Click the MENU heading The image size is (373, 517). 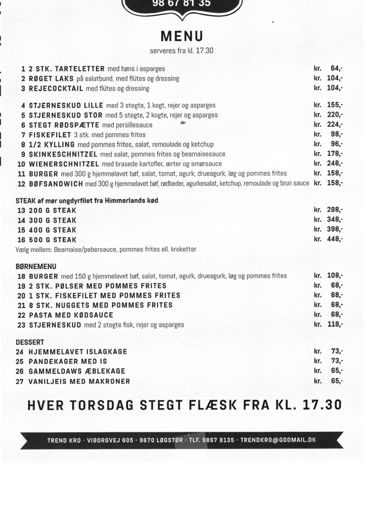point(182,36)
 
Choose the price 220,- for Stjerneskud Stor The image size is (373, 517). point(335,115)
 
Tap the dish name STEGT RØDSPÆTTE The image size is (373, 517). point(64,125)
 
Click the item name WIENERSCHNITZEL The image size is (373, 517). point(64,164)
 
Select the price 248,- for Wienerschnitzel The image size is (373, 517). point(335,164)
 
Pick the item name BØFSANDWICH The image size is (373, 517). point(56,183)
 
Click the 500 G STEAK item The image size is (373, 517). point(52,240)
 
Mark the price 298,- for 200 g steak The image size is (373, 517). point(335,210)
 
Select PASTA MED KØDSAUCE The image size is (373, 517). point(71,315)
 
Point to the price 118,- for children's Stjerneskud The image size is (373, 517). point(335,324)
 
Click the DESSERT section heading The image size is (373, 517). point(30,342)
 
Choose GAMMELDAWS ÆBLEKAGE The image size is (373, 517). point(77,371)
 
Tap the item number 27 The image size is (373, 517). point(20,381)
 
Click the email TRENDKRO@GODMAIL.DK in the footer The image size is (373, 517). point(278,440)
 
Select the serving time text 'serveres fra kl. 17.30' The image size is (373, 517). point(181,50)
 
